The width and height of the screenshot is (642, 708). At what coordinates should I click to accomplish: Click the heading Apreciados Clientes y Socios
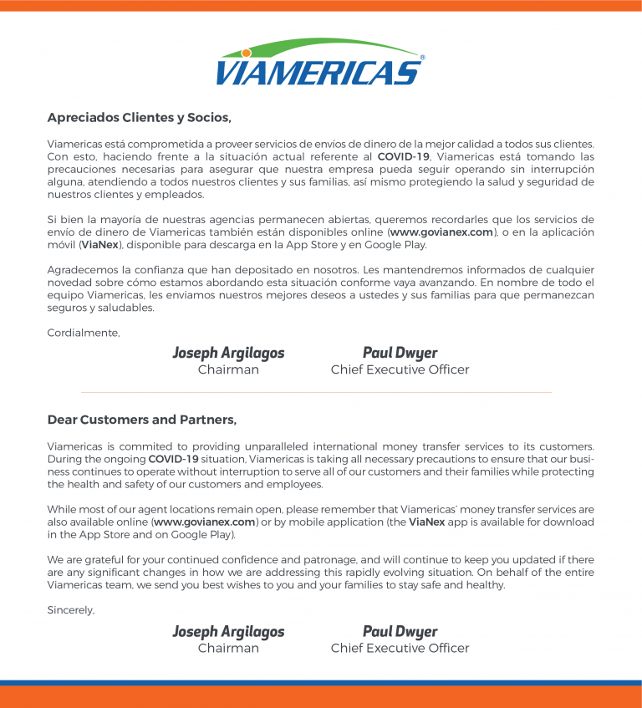(x=139, y=117)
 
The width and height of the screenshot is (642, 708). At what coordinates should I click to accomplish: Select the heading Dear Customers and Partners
(x=142, y=420)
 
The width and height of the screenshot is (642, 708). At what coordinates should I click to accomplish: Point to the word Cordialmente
(x=84, y=333)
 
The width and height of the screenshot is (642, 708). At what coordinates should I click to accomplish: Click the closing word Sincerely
(x=71, y=610)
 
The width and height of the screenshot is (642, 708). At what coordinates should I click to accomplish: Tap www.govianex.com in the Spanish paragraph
(x=442, y=232)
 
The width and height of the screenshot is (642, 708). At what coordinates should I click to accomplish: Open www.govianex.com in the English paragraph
(x=206, y=522)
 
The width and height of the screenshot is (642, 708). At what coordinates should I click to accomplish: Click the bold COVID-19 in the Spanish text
(x=404, y=156)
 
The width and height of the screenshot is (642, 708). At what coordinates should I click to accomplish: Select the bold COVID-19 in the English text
(x=175, y=459)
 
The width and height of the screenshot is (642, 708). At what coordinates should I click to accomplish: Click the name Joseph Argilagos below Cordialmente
(x=228, y=353)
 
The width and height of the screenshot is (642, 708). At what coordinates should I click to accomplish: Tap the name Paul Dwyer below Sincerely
(x=400, y=631)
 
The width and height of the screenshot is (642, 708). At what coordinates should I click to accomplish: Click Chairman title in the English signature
(x=228, y=648)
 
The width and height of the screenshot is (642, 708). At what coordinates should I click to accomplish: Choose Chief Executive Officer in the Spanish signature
(x=400, y=369)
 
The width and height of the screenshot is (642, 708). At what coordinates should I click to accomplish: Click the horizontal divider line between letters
(x=316, y=392)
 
